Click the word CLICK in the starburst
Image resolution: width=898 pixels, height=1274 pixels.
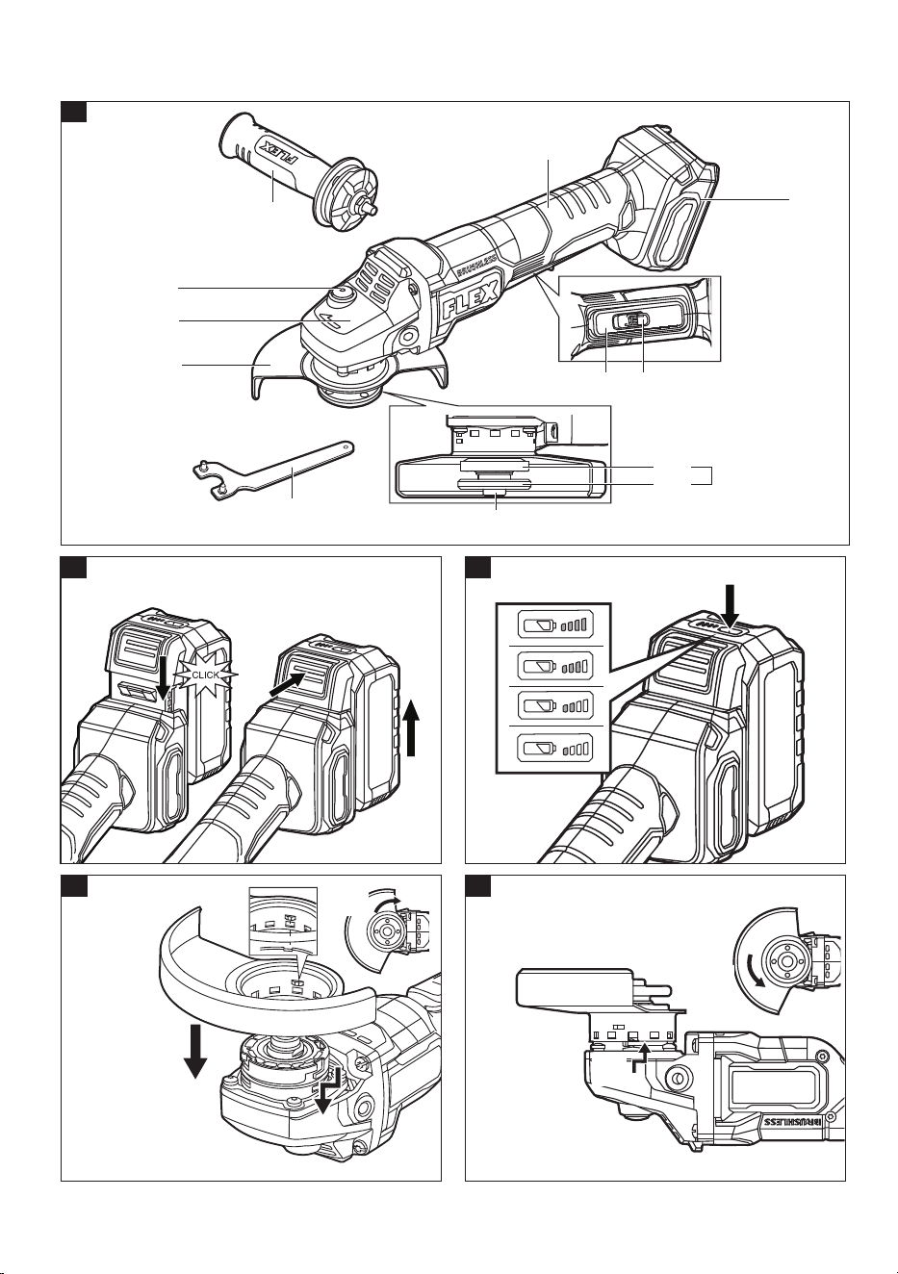point(205,675)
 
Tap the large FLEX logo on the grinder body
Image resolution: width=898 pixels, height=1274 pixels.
point(471,299)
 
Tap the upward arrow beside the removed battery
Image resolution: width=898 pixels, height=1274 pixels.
point(414,728)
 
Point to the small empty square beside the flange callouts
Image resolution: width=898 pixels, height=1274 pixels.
point(701,475)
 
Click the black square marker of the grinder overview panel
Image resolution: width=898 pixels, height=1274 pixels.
point(73,112)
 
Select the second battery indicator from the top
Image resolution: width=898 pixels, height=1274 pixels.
point(554,666)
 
